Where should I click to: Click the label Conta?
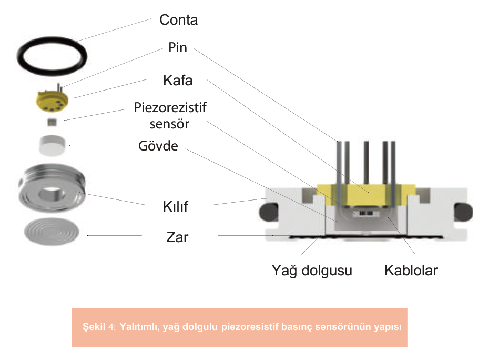click(x=179, y=21)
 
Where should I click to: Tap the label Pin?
click(x=178, y=47)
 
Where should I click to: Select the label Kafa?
click(x=178, y=81)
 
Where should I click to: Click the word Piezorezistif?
click(x=170, y=107)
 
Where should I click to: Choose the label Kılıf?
click(x=175, y=206)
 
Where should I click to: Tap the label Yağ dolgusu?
click(x=312, y=271)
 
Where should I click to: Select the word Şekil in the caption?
click(x=95, y=326)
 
